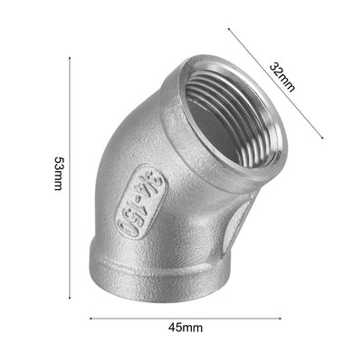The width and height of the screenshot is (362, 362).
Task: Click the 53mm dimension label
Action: click(x=58, y=173)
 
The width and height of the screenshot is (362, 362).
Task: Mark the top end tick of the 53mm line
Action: click(x=71, y=56)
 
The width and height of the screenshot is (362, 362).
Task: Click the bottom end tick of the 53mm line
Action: click(x=71, y=298)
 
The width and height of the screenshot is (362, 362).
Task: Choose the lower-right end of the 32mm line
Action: click(x=323, y=138)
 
